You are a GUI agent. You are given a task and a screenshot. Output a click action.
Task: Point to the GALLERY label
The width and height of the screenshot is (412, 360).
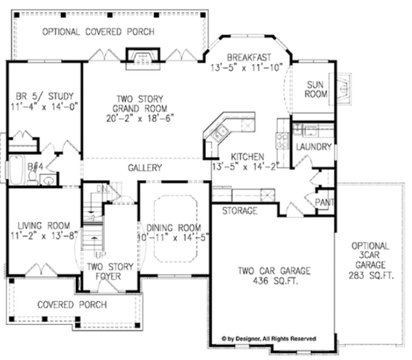click(x=145, y=167)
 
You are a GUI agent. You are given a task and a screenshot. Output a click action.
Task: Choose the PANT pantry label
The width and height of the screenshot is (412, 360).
click(x=325, y=203)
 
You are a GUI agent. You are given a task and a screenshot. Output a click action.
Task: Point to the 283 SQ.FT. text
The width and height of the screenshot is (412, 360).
click(x=370, y=274)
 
